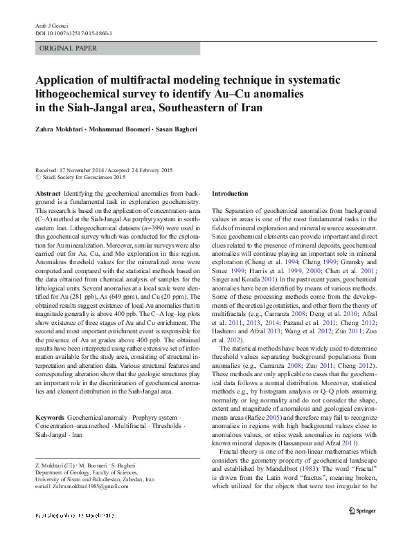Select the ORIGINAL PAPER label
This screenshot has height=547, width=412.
tap(68, 48)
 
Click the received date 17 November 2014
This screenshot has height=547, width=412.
tap(84, 169)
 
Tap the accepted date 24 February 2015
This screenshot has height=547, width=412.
tap(148, 169)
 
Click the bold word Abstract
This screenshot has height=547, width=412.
tap(46, 193)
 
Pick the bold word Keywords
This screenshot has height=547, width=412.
tap(49, 418)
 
